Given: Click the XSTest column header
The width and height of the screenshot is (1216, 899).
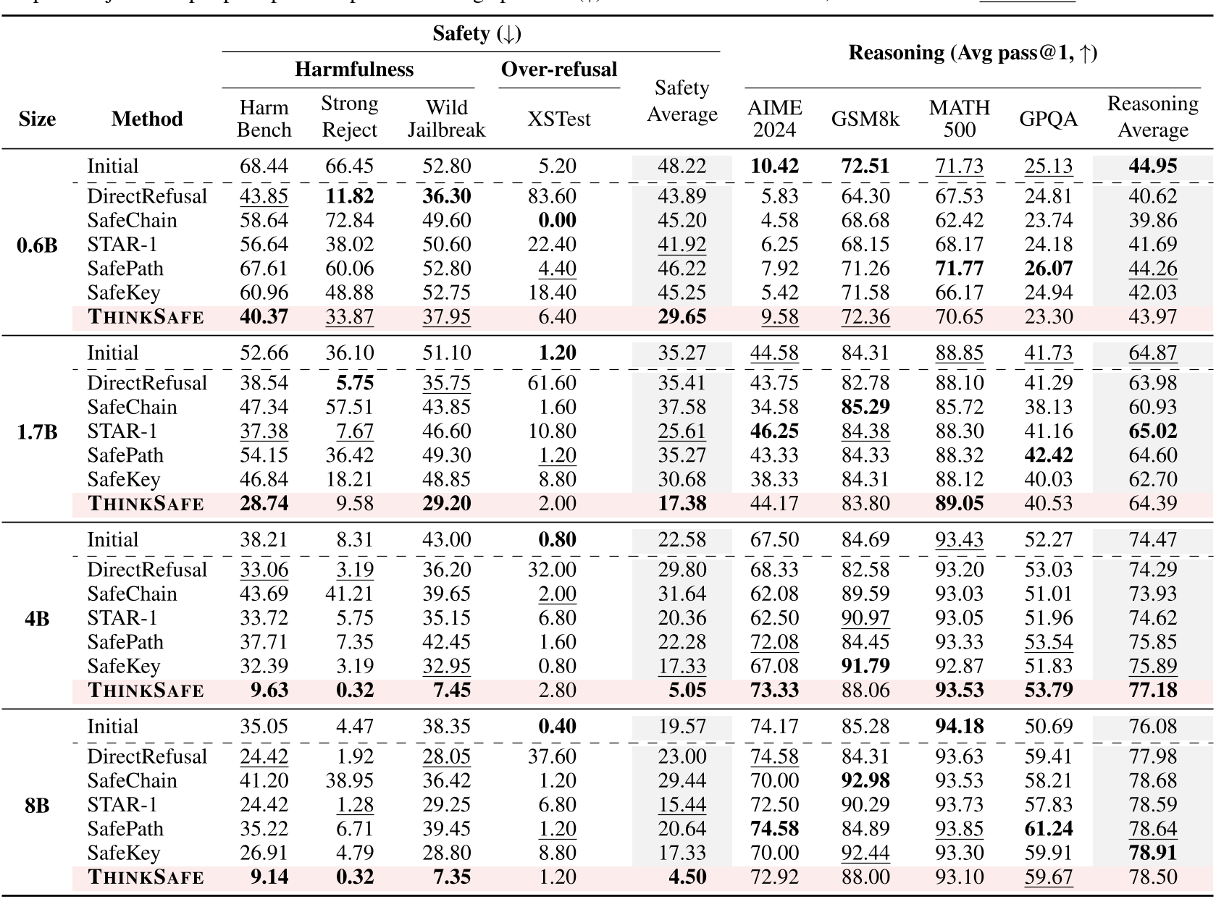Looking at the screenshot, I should (x=558, y=119).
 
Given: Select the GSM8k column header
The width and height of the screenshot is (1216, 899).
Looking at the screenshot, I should (x=865, y=119).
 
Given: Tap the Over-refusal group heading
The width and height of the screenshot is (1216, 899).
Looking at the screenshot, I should (x=558, y=69).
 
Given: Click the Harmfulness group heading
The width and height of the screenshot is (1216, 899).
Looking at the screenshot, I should (x=353, y=69).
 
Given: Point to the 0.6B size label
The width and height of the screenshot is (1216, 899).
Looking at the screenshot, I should (x=37, y=245).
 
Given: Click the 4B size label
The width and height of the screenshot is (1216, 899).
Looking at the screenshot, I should (x=37, y=618).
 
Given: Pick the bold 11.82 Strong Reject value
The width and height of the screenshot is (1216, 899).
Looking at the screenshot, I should (x=349, y=196).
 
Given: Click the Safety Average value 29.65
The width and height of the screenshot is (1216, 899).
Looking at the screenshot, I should (x=682, y=317).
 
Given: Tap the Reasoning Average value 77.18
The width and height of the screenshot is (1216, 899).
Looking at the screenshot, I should (x=1152, y=690).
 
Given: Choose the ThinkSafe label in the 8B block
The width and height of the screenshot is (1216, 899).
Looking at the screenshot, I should (x=146, y=877).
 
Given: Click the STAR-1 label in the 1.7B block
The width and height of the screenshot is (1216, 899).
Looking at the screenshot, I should (x=122, y=431).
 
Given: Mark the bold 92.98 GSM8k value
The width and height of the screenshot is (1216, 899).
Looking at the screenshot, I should (x=865, y=781).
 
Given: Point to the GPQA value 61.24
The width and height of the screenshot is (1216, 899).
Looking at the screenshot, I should (x=1048, y=829).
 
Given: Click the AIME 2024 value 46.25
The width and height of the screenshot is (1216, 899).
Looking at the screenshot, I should (x=774, y=431).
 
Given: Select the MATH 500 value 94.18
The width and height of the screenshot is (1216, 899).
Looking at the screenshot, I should (x=959, y=727).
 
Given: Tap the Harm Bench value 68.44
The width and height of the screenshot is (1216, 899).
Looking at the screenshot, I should (x=264, y=166).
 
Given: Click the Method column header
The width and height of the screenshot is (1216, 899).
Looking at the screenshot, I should (x=147, y=119).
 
